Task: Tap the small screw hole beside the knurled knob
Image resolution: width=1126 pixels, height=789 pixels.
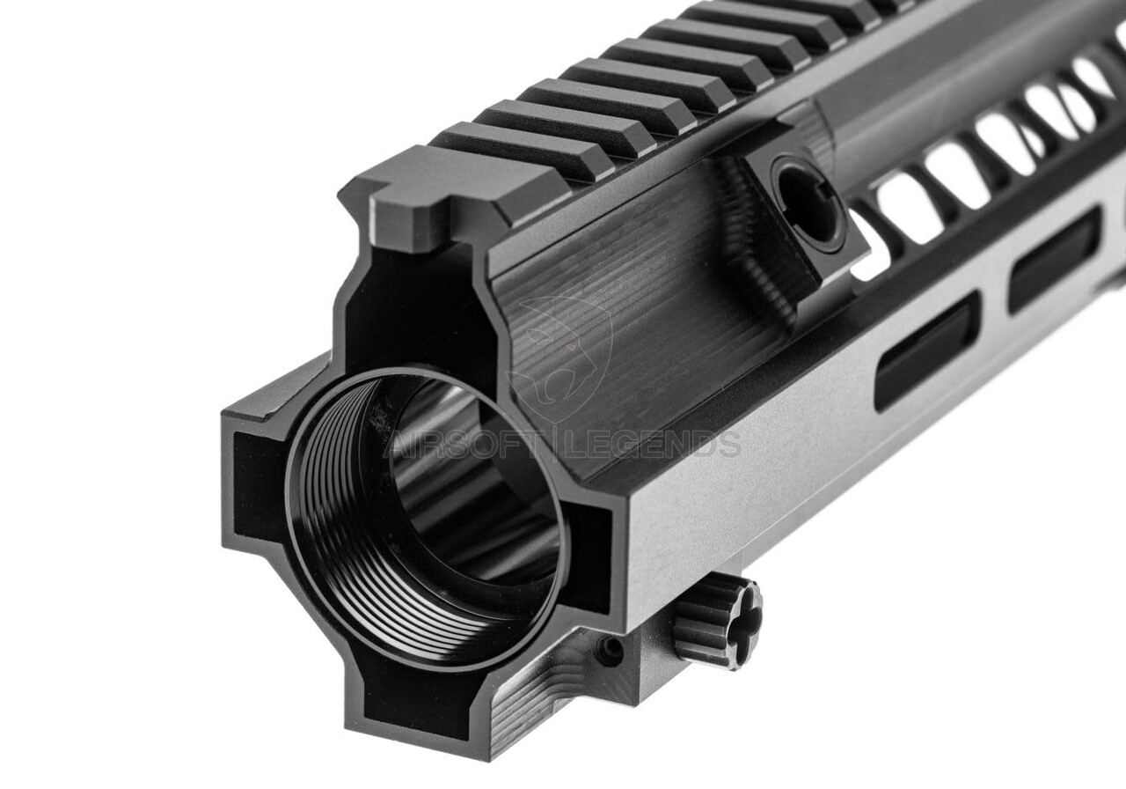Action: [x=610, y=650]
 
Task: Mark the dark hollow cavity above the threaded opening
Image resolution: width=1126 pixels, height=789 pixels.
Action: [x=413, y=317]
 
